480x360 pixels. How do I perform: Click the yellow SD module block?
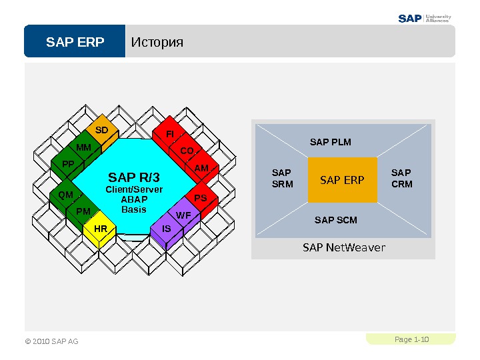[101, 130]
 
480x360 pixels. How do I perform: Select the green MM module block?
[84, 147]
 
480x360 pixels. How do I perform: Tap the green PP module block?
[67, 164]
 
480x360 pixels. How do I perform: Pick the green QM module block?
[65, 195]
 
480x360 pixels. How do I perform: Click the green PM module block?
[83, 211]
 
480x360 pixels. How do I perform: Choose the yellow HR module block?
[101, 229]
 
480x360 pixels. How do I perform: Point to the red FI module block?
[169, 135]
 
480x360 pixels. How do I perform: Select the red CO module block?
[187, 151]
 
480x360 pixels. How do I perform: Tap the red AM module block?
[202, 169]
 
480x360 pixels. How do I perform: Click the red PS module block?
[200, 199]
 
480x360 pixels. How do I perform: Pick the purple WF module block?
[184, 215]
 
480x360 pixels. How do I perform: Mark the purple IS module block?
[167, 229]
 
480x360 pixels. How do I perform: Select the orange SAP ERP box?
[342, 179]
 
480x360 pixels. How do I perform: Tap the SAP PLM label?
[331, 142]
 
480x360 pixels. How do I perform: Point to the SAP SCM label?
[335, 220]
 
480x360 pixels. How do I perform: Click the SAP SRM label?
[283, 179]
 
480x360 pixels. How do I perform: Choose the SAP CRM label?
[402, 179]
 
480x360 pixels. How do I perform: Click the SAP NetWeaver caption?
[344, 248]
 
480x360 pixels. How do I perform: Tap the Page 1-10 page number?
[411, 340]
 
